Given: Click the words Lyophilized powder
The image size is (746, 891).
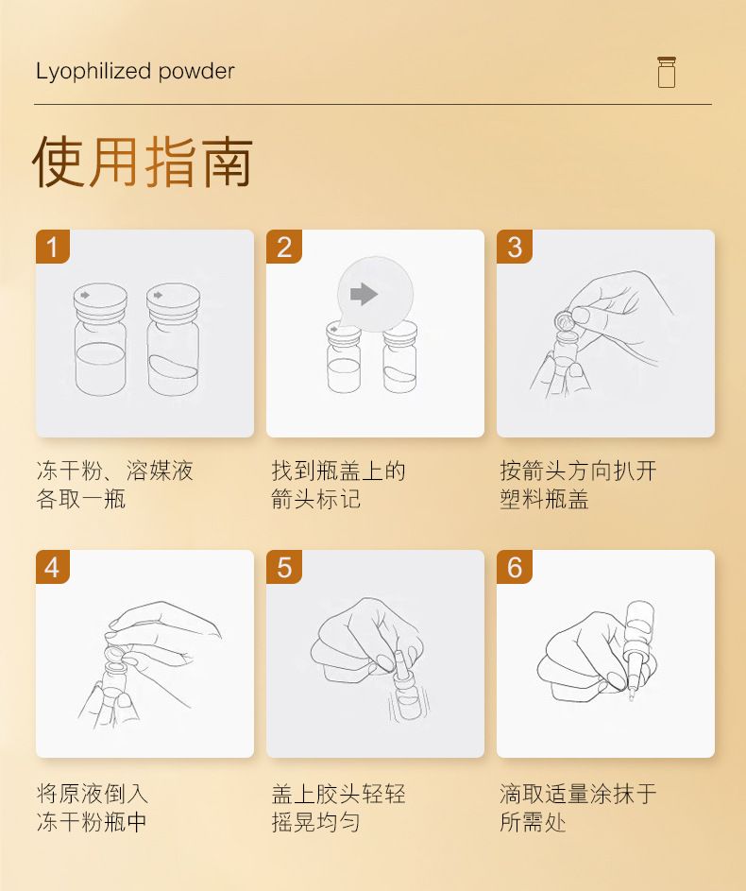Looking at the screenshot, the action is tap(135, 72).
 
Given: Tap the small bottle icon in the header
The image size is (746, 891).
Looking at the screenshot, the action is tap(667, 72).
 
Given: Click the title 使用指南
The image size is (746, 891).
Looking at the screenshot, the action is tap(143, 162).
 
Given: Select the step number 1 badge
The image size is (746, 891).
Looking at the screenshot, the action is tap(52, 247).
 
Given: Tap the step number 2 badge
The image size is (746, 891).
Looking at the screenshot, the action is tap(284, 247).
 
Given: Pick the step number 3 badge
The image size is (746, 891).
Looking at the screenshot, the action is tap(515, 247).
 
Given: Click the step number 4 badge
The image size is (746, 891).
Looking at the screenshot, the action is tap(52, 567).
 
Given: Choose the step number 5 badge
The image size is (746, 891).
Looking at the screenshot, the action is tap(284, 567).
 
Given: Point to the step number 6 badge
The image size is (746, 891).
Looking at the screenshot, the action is tap(515, 567).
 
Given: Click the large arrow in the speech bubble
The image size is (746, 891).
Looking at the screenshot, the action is tap(364, 294).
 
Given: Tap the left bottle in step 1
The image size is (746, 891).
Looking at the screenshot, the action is tap(100, 339).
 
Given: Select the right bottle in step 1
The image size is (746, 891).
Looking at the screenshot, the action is tap(173, 339).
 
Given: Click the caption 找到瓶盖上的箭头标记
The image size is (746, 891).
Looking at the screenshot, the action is tap(338, 485).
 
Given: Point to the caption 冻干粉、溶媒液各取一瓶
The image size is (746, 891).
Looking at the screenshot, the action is tap(114, 485).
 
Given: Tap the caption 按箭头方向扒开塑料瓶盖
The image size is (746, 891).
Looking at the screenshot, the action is tap(578, 485).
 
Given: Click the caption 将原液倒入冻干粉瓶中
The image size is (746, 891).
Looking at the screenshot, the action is tap(92, 807).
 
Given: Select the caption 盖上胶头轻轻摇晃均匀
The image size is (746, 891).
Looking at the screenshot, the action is tap(338, 807).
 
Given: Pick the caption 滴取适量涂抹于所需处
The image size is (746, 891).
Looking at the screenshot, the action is tap(578, 807).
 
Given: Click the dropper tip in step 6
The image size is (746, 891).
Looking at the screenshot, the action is tap(631, 694).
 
